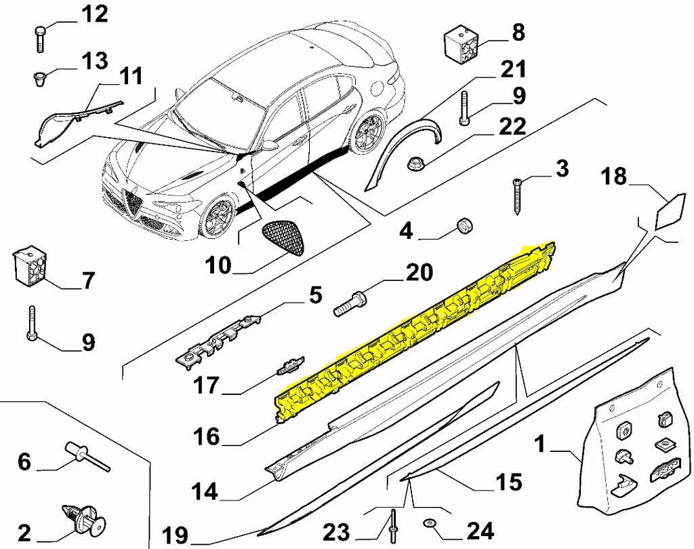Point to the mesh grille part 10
click(283, 234)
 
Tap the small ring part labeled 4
click(465, 226)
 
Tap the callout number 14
click(205, 491)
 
